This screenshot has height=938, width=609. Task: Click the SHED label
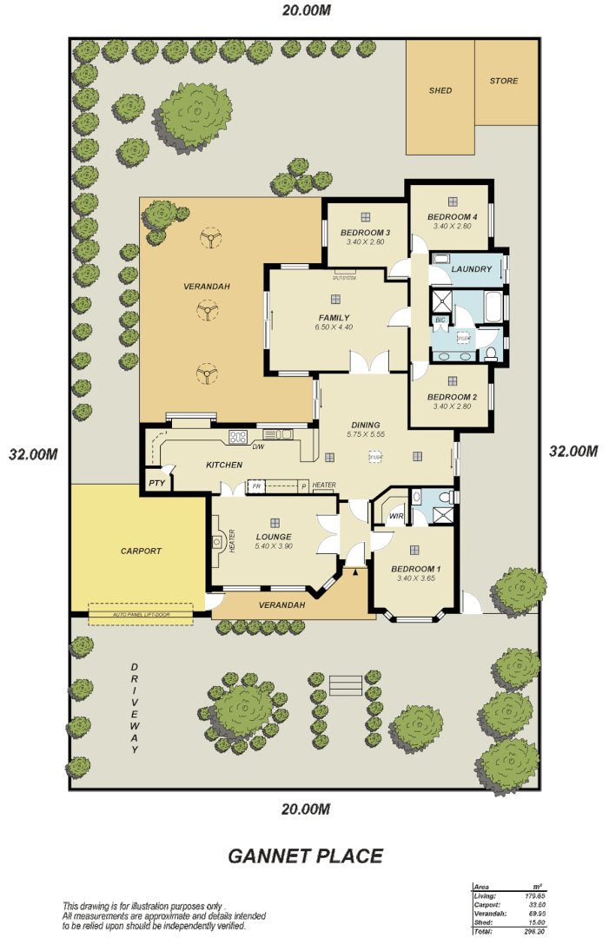coord(440,90)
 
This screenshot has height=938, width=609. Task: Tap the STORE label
coord(504,81)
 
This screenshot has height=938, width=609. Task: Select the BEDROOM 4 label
coord(452,216)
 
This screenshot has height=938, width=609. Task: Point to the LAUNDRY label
coord(472,269)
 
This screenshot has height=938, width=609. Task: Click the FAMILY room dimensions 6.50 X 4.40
coord(334,327)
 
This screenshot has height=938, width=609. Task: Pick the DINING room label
coord(365,425)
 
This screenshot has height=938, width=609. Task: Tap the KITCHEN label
coord(224,465)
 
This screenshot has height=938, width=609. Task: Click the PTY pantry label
coord(156,483)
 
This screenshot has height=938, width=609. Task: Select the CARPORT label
coord(141,551)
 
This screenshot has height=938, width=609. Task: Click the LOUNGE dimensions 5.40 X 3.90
coord(274,546)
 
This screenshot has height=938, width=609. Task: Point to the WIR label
coord(396,517)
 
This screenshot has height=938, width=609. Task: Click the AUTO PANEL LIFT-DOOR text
coord(141,615)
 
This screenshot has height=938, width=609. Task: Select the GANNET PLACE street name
coord(305,855)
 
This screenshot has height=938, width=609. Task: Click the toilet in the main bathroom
coord(491,353)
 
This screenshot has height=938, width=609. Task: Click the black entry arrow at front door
coord(355,571)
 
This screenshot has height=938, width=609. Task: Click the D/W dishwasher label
coord(258,446)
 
